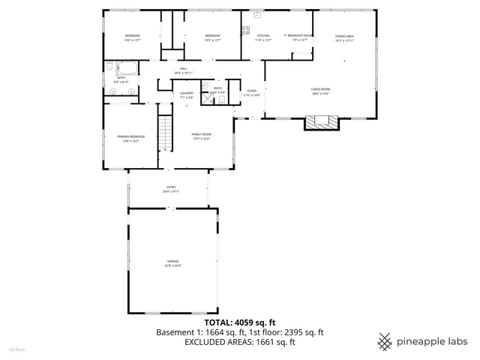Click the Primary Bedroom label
pyautogui.click(x=130, y=138)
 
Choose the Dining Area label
pyautogui.click(x=344, y=37)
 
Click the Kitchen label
pyautogui.click(x=263, y=37)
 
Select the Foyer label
pyautogui.click(x=253, y=93)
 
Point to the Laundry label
pyautogui.click(x=187, y=95)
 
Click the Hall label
pyautogui.click(x=184, y=71)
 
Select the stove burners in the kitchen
pyautogui.click(x=245, y=31)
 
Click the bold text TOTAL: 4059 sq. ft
pyautogui.click(x=240, y=322)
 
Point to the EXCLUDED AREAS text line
pyautogui.click(x=240, y=342)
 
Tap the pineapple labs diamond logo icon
pyautogui.click(x=385, y=340)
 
